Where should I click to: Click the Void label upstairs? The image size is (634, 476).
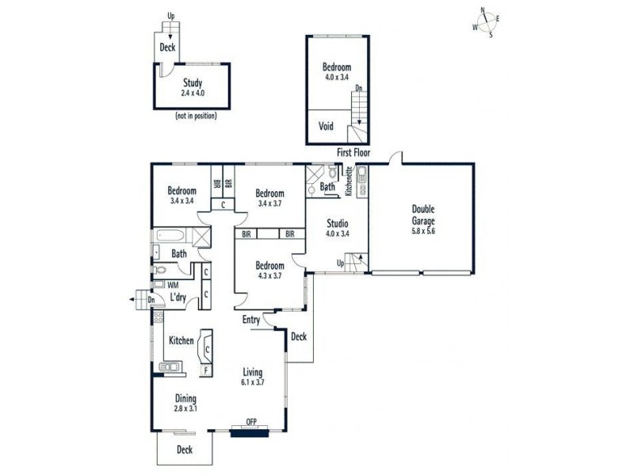[326, 126]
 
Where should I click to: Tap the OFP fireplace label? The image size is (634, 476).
[252, 421]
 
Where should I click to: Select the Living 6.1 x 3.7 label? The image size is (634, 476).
[253, 377]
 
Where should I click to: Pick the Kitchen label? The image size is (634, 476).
[181, 340]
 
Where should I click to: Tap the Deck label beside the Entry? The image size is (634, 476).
[299, 336]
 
